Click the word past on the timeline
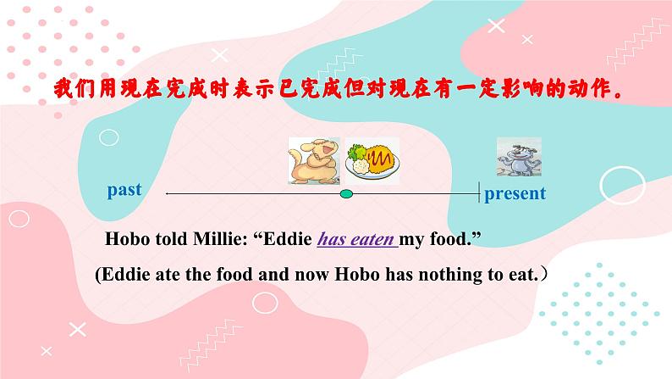click(x=124, y=189)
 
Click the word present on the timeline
click(x=515, y=193)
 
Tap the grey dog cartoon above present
click(x=514, y=158)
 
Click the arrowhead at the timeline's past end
click(x=168, y=194)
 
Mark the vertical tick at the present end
click(x=480, y=194)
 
